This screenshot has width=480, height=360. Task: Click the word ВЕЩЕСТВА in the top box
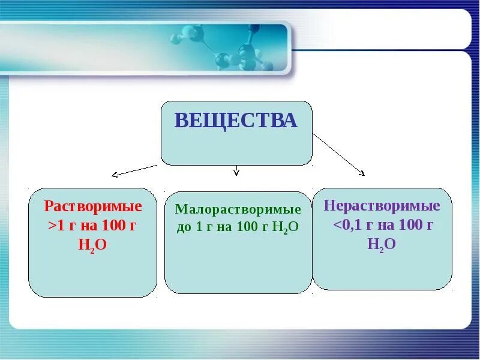[236, 121]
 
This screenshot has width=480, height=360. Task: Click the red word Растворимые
[93, 207]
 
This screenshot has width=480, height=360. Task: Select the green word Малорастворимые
[238, 210]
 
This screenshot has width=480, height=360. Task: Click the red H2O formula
[92, 245]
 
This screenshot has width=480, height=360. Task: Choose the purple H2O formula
[382, 244]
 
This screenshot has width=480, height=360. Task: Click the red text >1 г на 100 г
[93, 226]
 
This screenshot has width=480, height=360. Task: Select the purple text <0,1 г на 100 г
[383, 226]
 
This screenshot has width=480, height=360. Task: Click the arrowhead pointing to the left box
[115, 175]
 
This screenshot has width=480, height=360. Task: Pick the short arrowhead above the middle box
[236, 173]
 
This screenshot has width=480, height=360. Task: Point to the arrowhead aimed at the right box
[362, 173]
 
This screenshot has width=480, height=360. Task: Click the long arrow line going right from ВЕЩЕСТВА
[337, 153]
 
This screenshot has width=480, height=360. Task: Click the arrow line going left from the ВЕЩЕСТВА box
[137, 170]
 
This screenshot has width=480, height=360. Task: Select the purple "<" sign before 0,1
[337, 226]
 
